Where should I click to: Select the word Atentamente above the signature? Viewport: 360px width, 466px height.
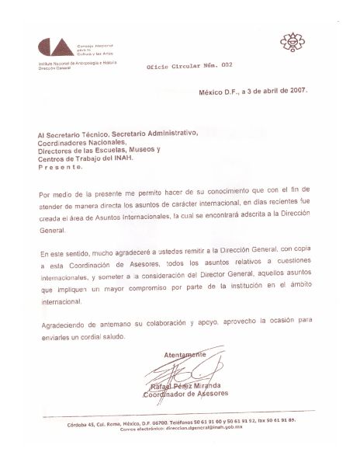[185, 353]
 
